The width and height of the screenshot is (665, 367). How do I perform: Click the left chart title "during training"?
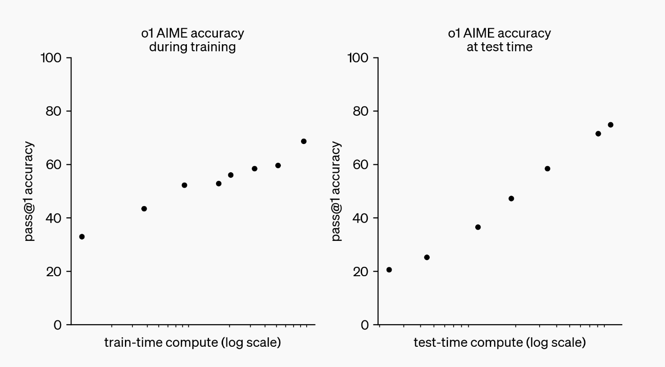tap(193, 47)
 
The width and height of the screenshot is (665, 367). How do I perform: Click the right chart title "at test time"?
tap(500, 47)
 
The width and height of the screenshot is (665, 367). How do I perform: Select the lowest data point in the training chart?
tap(82, 237)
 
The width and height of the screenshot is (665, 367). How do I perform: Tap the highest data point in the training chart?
tap(303, 141)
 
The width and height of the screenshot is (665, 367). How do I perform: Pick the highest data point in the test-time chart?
tap(611, 125)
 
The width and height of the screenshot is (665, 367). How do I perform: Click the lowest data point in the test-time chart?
tap(389, 270)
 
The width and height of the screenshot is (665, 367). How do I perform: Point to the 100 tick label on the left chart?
tap(51, 58)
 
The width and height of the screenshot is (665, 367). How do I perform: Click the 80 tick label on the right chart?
tap(359, 112)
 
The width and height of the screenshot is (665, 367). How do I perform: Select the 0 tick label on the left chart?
tap(57, 325)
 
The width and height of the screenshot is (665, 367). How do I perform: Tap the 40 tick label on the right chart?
tap(359, 218)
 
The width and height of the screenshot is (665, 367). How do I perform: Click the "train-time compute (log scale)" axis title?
tap(193, 343)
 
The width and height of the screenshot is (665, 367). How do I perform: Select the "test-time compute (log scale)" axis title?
tap(500, 343)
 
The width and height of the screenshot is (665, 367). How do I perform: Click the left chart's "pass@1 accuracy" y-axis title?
tap(30, 191)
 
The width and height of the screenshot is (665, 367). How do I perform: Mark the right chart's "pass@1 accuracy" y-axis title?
tap(337, 191)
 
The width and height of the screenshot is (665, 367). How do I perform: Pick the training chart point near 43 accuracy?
tap(144, 208)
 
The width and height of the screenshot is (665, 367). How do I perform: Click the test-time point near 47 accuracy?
tap(511, 199)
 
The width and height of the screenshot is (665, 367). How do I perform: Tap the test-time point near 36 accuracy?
tap(478, 227)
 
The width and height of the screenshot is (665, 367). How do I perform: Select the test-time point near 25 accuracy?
tap(426, 257)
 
